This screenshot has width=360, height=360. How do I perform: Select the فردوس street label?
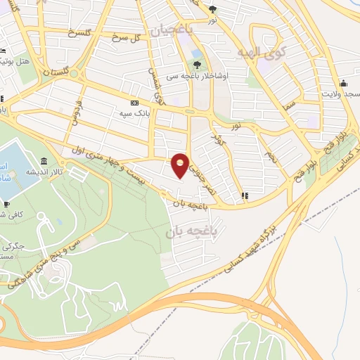click(74, 110)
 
